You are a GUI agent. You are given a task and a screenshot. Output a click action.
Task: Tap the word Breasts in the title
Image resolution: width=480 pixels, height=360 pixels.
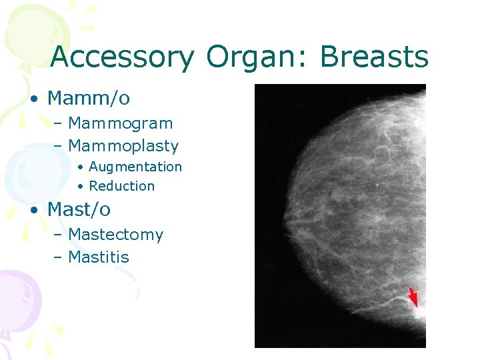coord(374,58)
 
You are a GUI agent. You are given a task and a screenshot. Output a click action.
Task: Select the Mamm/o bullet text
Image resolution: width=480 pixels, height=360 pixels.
coord(89,99)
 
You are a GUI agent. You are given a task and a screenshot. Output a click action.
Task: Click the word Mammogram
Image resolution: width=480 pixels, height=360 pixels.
coord(120,123)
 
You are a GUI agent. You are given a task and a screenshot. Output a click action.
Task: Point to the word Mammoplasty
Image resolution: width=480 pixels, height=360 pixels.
coord(123,146)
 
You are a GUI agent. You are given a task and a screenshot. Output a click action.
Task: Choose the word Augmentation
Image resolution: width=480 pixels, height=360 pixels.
coord(135,167)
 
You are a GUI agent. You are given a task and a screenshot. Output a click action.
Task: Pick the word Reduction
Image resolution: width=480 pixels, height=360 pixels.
coord(121,186)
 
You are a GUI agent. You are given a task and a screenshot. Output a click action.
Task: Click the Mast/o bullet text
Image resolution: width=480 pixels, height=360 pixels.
coord(79,209)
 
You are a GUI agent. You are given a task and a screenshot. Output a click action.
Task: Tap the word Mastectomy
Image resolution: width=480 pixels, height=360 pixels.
coord(115,235)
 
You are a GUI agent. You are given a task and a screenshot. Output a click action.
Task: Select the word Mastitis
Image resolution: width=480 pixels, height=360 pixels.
coord(99,257)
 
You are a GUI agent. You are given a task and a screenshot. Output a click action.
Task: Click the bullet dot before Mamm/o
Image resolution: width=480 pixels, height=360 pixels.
coord(33,99)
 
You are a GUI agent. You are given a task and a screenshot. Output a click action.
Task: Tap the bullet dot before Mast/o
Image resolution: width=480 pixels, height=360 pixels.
coord(33,210)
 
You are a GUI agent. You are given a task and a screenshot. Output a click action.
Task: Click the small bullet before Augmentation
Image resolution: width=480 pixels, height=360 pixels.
coord(79,167)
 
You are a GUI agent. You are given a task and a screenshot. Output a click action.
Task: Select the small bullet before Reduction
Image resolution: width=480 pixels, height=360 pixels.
coord(79,187)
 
